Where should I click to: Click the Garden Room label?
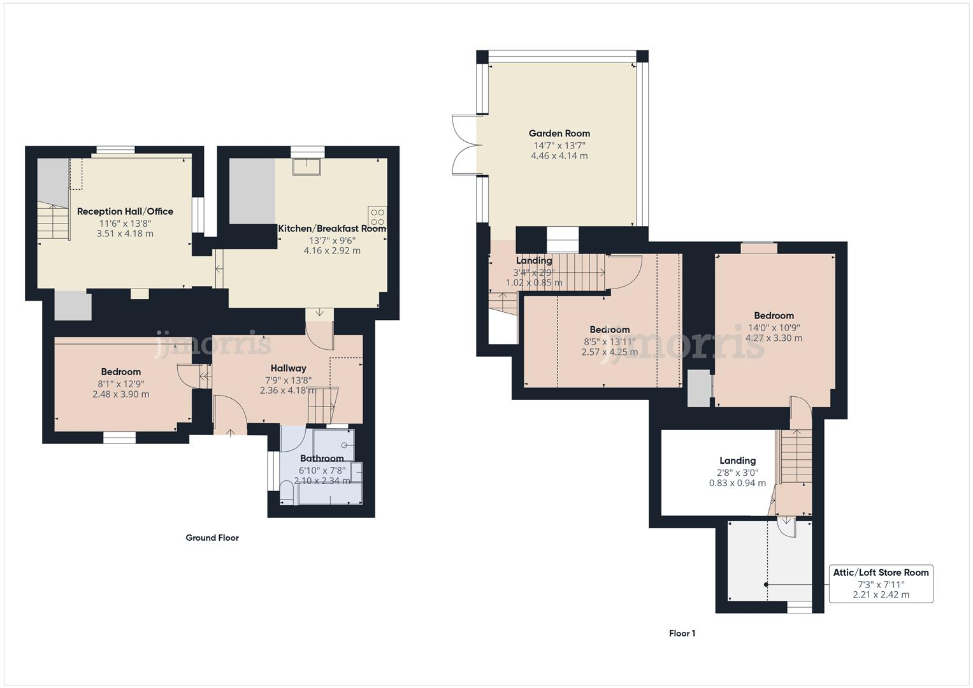coord(559,133)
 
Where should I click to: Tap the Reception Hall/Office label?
coord(125,211)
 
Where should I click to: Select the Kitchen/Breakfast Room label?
coord(332,228)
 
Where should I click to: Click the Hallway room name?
coord(288,368)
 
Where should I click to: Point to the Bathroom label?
coord(322,458)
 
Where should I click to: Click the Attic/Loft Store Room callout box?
coord(881,584)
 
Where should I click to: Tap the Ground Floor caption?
coord(212,538)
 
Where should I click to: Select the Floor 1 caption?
coord(682,633)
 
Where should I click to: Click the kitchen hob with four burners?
coord(377,216)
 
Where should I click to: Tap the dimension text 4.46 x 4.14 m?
coord(559,156)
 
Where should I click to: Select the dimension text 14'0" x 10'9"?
coord(774,327)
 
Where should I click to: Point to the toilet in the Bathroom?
coord(287,492)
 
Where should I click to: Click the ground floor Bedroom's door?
coord(186,375)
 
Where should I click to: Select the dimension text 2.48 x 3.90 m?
coord(120,394)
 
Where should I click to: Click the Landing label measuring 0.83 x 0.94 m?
coord(737,461)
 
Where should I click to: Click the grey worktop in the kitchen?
coord(252,191)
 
